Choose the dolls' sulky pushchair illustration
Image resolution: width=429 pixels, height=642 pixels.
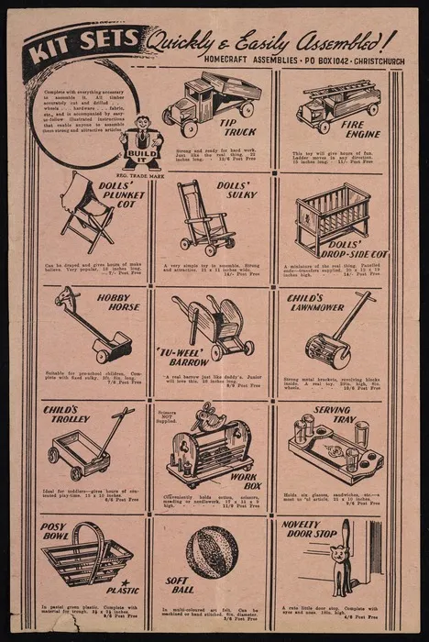[203, 219]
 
